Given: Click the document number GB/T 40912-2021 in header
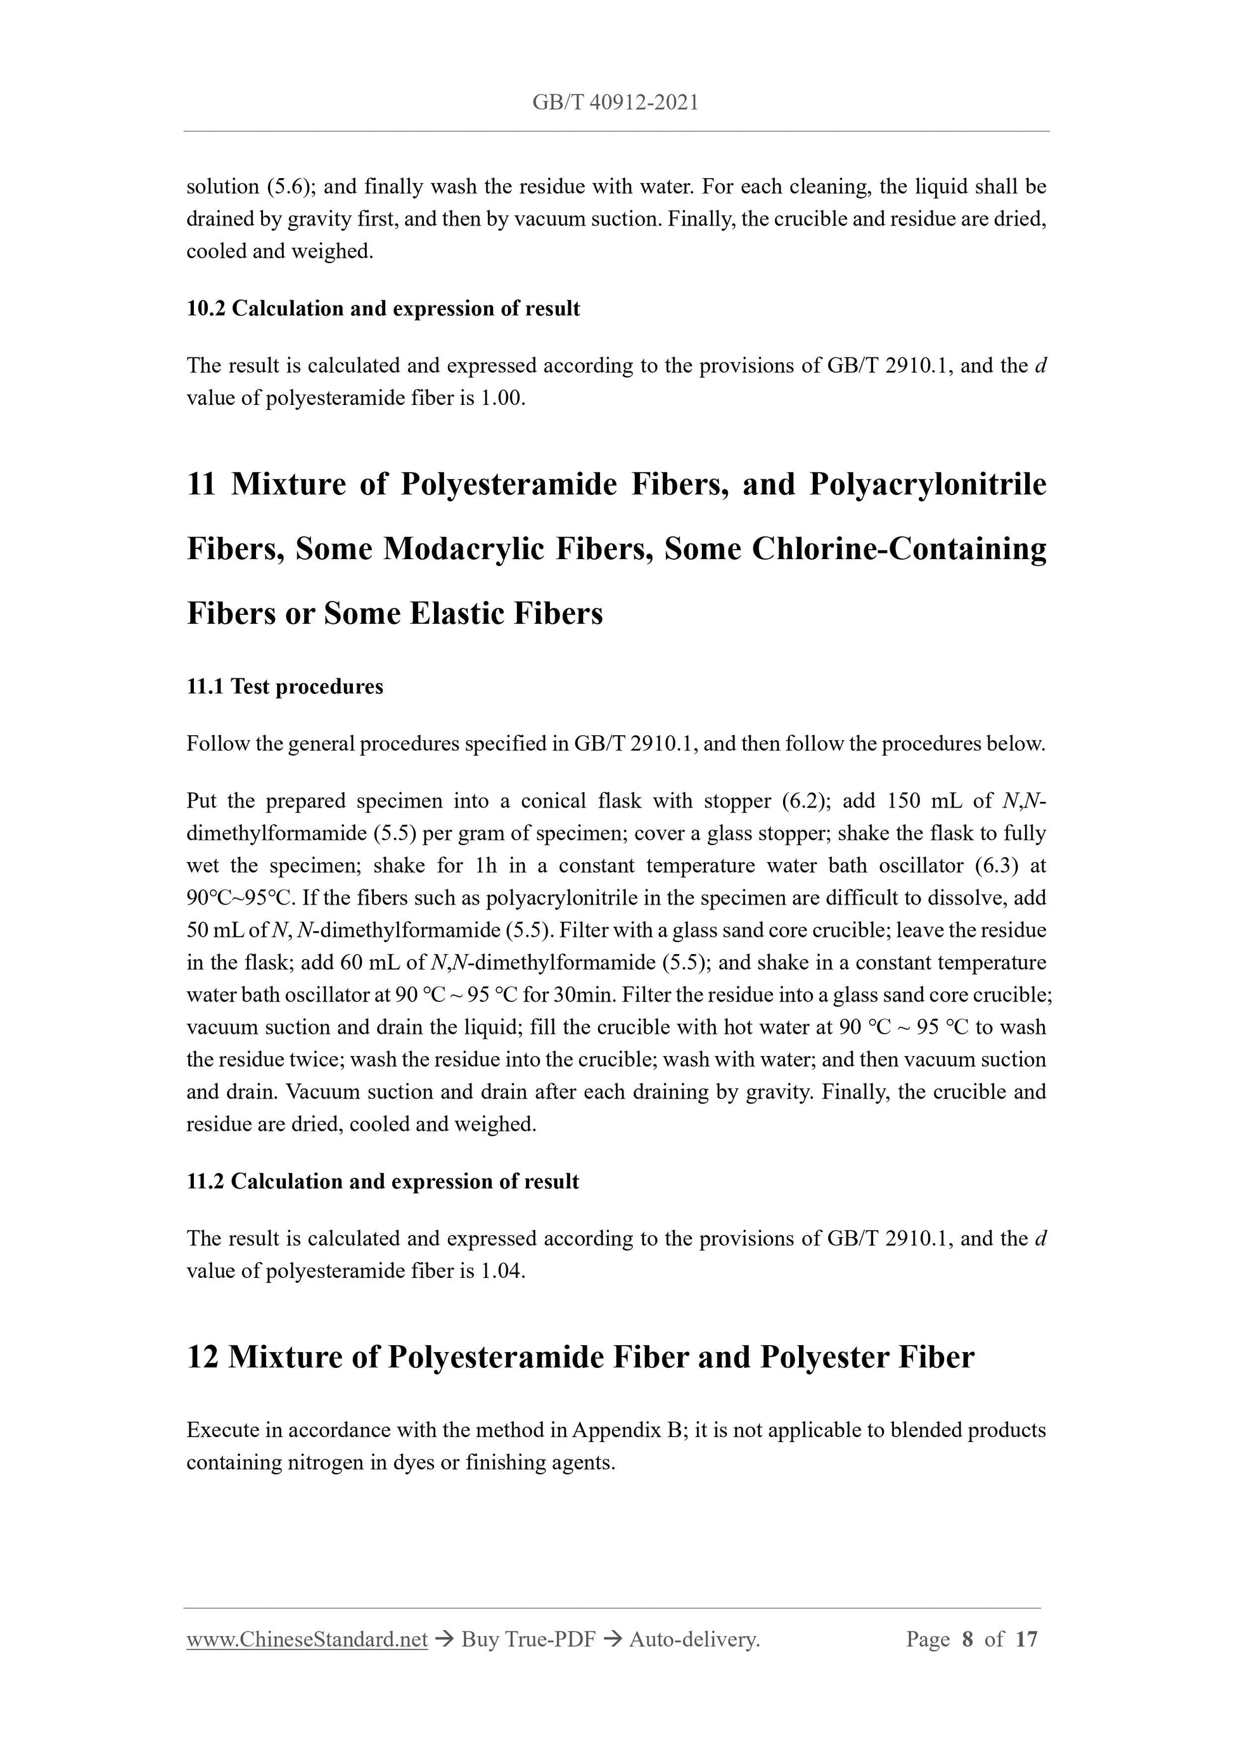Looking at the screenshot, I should tap(615, 103).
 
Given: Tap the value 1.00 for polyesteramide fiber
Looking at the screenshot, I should tap(501, 398).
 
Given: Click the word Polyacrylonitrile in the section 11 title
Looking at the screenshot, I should tap(927, 484).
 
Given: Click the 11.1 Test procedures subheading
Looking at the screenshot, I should tap(285, 686).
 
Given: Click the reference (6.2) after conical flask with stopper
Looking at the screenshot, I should tap(803, 801).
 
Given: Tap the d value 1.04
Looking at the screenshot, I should tap(501, 1271).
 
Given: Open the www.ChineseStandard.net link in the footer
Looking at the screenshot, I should tap(307, 1640).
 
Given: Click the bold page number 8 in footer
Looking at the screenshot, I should tap(967, 1640).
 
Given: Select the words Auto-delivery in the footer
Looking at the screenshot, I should tap(694, 1640).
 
